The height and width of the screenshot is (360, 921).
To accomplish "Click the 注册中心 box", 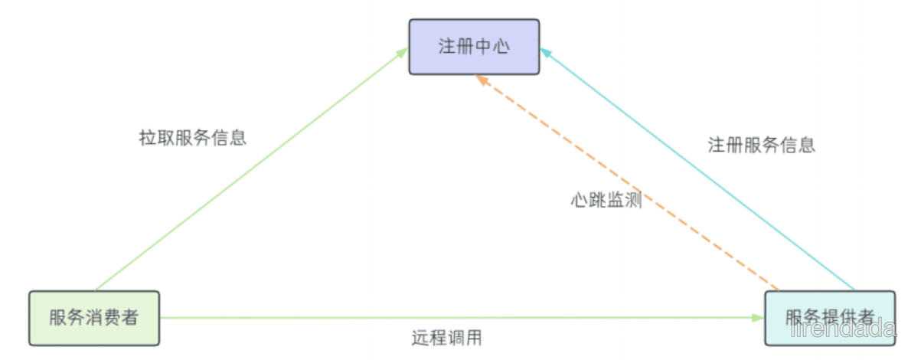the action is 474,47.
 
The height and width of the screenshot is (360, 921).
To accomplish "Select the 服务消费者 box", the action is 94,318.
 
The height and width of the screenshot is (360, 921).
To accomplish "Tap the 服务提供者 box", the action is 830,318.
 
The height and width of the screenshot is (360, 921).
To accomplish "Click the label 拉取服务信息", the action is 193,138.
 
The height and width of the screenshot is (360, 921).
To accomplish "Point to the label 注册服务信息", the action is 762,146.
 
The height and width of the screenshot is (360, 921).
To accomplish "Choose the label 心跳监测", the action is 606,200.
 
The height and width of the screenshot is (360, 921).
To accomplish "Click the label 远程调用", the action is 447,338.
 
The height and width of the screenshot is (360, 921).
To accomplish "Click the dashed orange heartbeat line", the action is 627,182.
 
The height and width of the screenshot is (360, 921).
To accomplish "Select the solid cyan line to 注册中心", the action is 697,169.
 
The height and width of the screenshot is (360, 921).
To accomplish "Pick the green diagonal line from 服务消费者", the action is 252,169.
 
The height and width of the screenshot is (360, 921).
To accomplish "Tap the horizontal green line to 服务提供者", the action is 462,318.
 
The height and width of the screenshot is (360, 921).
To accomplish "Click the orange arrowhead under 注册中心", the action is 482,80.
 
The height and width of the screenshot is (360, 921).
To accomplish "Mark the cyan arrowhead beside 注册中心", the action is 546,52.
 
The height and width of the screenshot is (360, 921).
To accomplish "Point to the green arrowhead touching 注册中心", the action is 402,53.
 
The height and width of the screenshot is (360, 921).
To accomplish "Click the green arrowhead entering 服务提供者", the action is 758,318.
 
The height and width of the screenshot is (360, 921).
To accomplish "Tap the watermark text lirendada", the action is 843,329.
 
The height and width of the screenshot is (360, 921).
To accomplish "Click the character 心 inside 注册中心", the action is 502,47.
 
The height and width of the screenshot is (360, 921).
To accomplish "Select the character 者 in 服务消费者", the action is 129,318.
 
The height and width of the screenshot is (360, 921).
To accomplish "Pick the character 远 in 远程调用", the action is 420,338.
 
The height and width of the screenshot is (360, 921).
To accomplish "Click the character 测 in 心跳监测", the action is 634,200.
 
